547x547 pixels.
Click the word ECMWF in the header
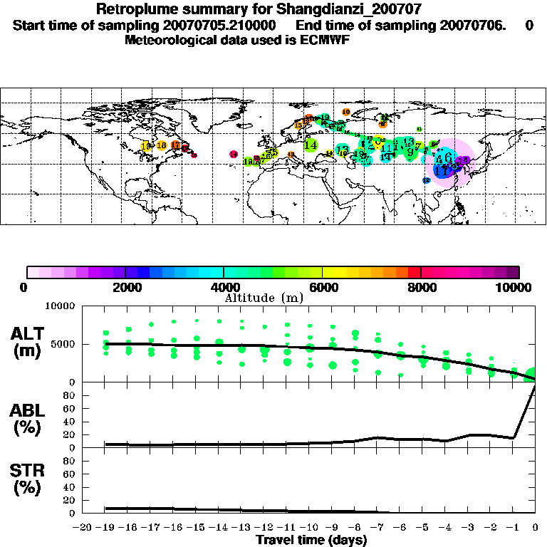tap(327, 40)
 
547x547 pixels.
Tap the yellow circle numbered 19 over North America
tap(146, 146)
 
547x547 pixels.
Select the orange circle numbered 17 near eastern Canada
tap(175, 145)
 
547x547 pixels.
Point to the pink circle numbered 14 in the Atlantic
tap(233, 154)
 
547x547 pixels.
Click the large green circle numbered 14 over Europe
tap(311, 145)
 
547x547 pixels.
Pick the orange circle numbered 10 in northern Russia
tap(346, 112)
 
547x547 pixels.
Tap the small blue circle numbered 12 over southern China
tap(427, 181)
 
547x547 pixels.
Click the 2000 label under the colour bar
tap(125, 287)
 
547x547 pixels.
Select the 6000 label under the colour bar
tap(323, 287)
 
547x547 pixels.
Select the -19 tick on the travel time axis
tap(105, 528)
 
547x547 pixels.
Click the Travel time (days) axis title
tap(311, 540)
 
